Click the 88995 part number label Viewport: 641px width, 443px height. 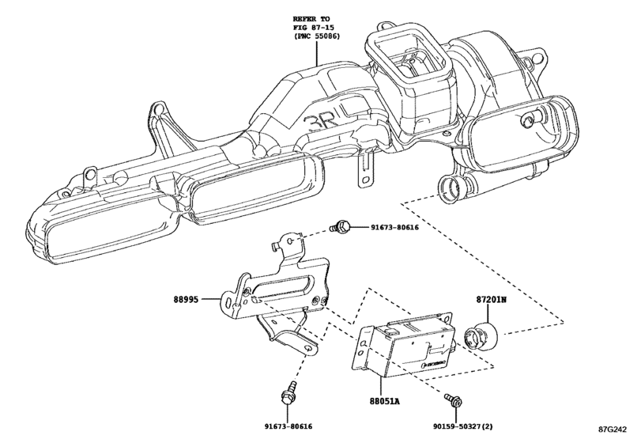coord(187,300)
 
